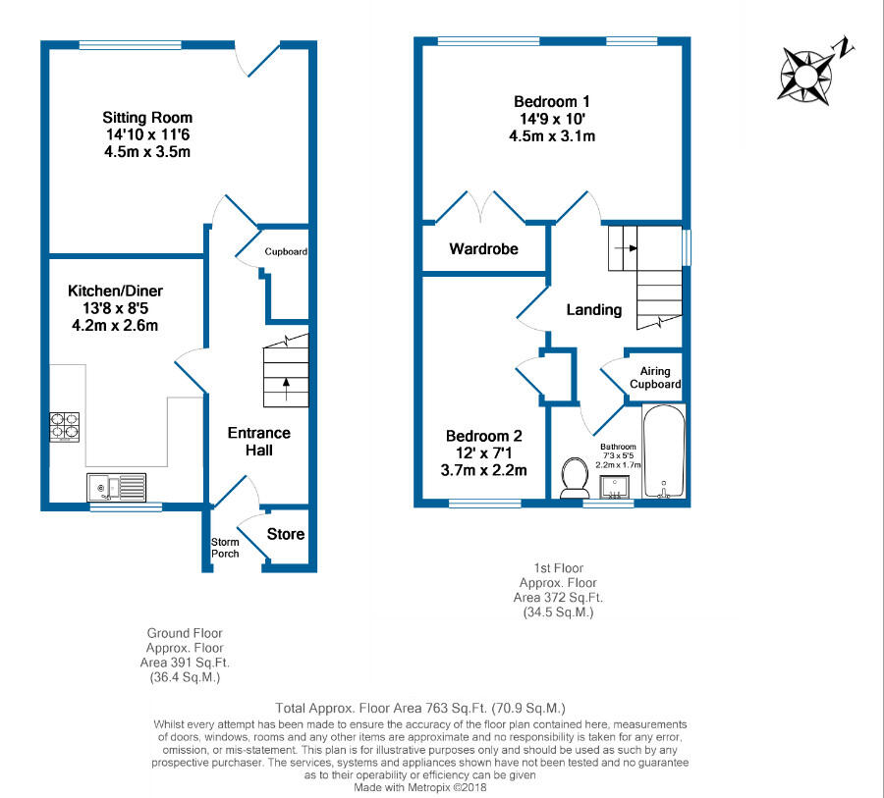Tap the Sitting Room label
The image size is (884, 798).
(x=147, y=118)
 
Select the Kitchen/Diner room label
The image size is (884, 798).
(x=115, y=291)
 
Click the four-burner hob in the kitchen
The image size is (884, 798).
(x=65, y=425)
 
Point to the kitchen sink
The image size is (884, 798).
(x=116, y=486)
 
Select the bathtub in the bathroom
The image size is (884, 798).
(x=664, y=452)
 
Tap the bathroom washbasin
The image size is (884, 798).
(x=617, y=485)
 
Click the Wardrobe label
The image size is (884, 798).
(x=483, y=248)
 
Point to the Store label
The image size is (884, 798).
(x=286, y=534)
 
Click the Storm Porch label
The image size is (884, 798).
(x=225, y=548)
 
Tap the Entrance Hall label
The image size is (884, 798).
(x=259, y=441)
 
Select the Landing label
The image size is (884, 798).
(x=594, y=309)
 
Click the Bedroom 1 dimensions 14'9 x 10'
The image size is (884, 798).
(x=551, y=119)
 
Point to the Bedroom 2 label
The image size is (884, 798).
(x=483, y=436)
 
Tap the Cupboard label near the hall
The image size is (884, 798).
(x=286, y=251)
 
